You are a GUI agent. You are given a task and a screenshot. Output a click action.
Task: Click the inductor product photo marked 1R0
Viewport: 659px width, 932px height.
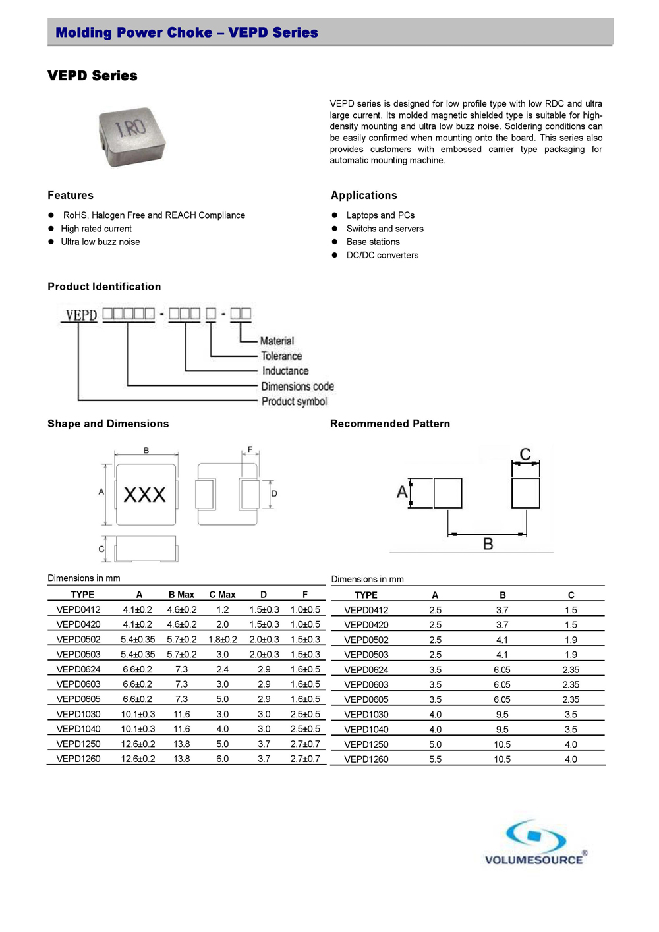(132, 137)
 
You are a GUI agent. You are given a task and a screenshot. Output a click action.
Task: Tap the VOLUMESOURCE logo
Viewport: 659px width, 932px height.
(535, 843)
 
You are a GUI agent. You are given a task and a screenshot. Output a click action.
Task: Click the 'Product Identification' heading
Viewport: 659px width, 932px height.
(104, 287)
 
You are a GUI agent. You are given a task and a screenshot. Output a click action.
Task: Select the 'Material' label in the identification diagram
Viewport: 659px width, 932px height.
(277, 341)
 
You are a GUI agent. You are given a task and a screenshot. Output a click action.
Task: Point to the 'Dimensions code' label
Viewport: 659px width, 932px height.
(297, 387)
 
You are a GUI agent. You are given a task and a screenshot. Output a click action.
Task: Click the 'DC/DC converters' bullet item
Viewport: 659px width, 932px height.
(382, 255)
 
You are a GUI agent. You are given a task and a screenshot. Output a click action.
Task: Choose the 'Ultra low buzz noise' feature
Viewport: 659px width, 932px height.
(100, 242)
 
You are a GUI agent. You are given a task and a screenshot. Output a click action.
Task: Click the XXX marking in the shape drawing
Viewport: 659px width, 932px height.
(145, 495)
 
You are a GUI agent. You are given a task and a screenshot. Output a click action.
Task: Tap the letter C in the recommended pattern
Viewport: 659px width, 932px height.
(525, 454)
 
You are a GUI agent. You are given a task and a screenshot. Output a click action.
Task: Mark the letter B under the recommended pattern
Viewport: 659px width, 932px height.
(488, 544)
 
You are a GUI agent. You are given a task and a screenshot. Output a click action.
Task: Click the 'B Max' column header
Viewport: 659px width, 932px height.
(181, 595)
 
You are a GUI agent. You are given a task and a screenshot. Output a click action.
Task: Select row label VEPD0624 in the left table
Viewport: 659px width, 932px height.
(78, 669)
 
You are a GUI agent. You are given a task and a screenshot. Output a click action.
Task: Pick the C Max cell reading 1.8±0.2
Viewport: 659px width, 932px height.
(223, 640)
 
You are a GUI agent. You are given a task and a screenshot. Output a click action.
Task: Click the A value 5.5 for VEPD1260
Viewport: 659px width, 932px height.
(435, 759)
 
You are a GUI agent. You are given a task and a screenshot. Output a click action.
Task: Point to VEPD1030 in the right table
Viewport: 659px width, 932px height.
(366, 715)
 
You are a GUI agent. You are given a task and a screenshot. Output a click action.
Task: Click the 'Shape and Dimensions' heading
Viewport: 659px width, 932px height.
(108, 424)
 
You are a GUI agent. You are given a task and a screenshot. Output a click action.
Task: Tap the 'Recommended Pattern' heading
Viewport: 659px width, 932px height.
(390, 424)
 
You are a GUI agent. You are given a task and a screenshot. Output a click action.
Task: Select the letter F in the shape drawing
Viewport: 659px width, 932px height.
(250, 450)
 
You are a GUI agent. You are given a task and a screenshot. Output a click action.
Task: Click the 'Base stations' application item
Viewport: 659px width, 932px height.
(373, 242)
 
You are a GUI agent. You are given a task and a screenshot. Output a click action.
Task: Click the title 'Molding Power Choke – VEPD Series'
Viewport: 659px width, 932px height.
(186, 32)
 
